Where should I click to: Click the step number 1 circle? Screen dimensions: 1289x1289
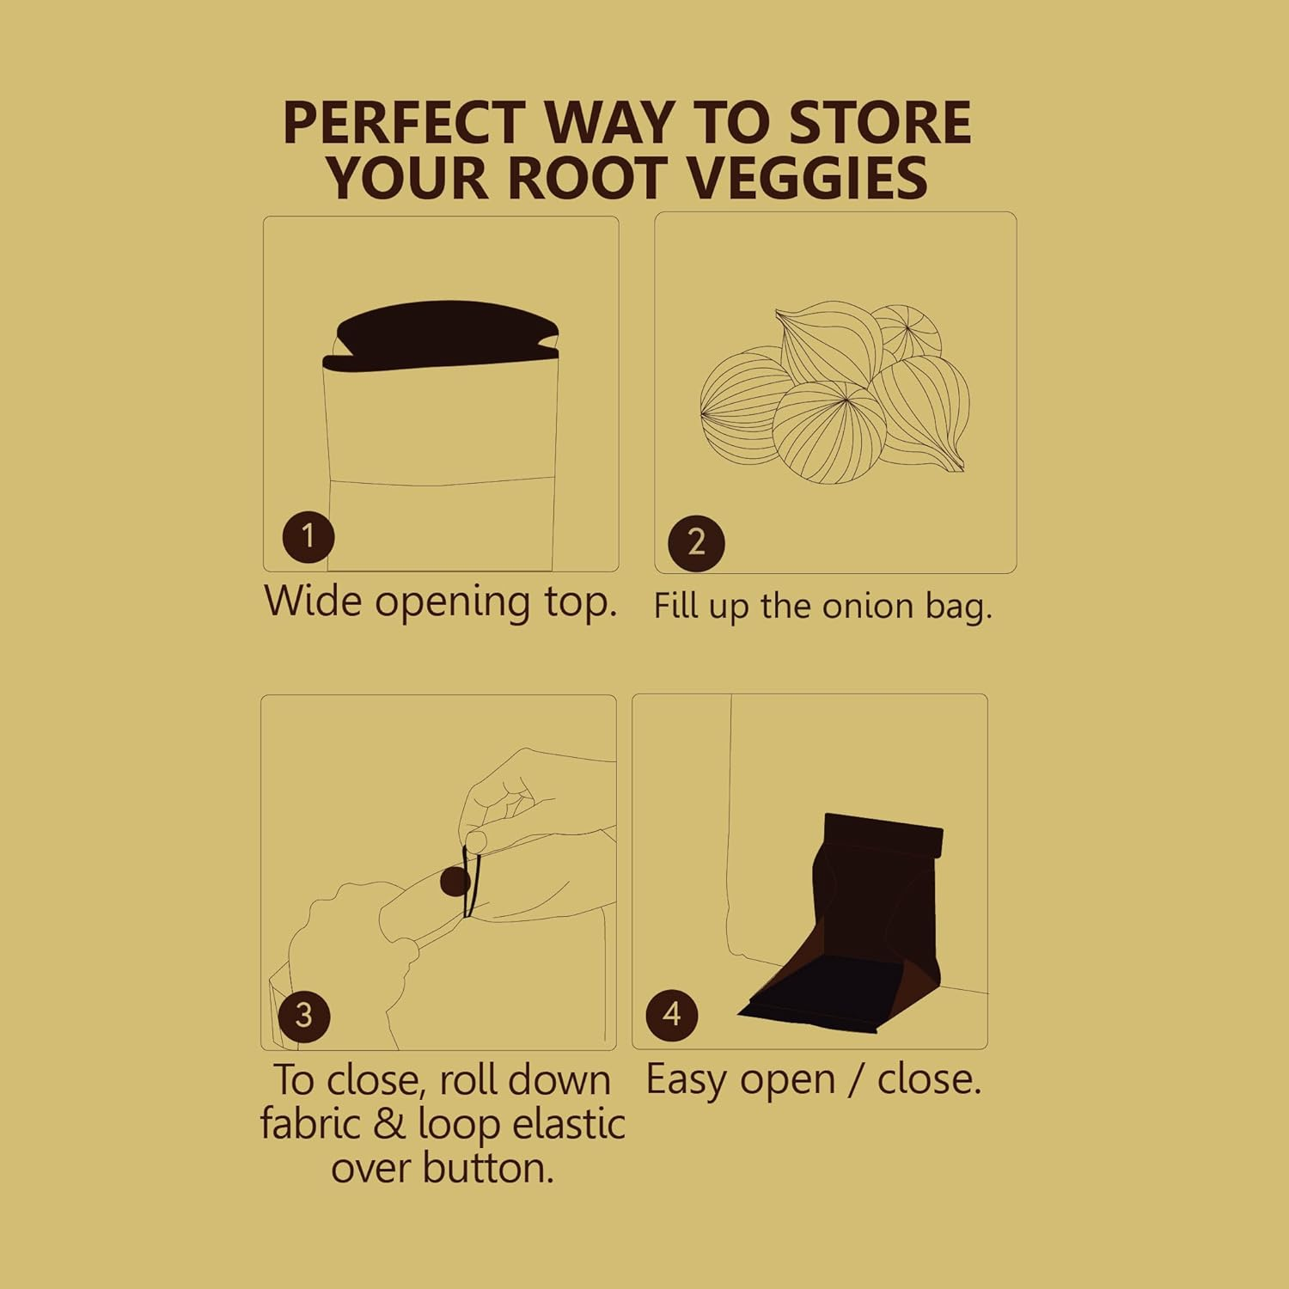308,536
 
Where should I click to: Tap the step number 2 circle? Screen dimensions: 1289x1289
696,542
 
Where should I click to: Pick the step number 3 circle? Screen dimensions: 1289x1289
303,1015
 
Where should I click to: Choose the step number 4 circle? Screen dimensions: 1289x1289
672,1014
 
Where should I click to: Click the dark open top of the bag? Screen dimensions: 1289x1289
447,335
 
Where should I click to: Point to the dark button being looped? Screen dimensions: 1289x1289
454,882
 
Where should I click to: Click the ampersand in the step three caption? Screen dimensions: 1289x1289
389,1125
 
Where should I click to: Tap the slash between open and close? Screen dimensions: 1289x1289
855,1080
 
